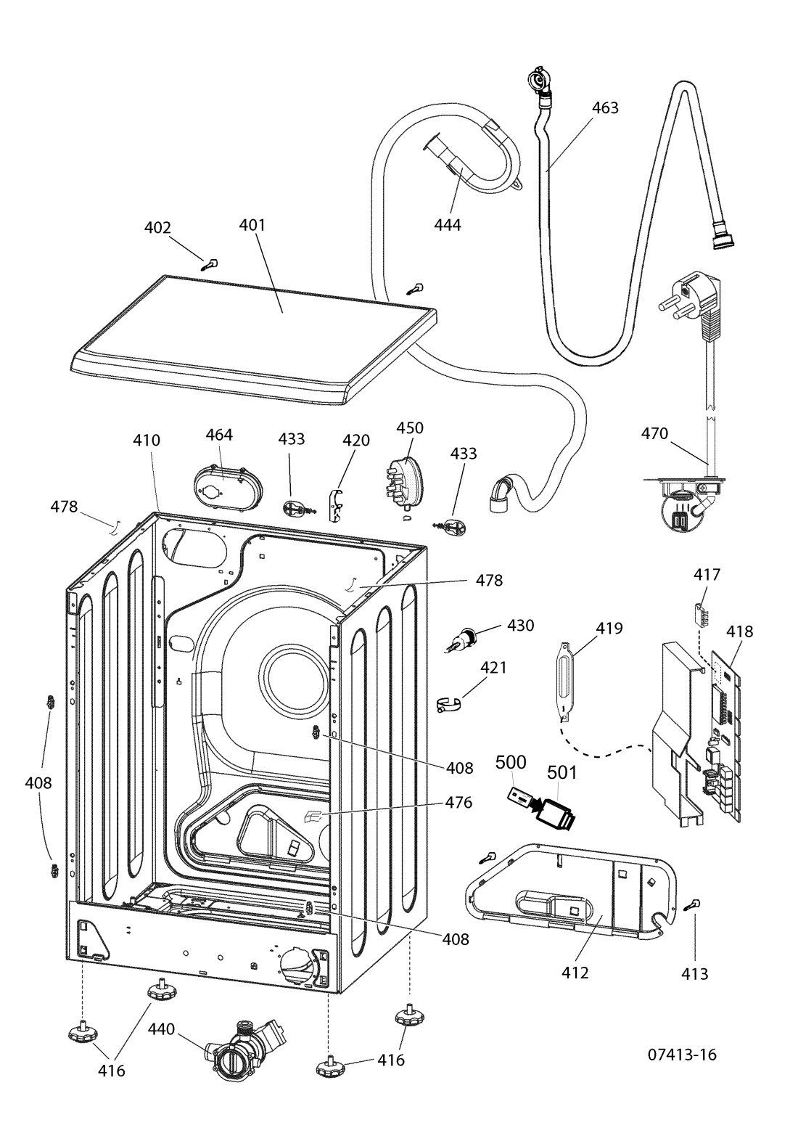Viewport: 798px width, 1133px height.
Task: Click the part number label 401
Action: tap(252, 225)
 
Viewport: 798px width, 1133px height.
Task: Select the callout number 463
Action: tap(605, 107)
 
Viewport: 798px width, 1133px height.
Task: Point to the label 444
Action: tap(448, 224)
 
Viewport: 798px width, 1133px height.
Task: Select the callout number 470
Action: tap(654, 433)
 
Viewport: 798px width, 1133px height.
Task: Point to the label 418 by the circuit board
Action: tap(739, 631)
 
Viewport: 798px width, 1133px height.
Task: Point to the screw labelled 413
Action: tap(691, 905)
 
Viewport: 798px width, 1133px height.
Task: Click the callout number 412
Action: tap(575, 973)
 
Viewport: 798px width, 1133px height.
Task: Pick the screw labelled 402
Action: tap(210, 264)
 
